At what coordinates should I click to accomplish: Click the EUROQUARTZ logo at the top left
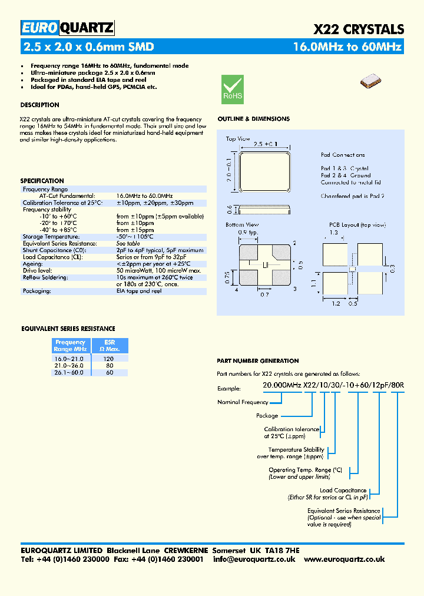click(67, 28)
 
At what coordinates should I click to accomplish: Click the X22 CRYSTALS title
click(358, 29)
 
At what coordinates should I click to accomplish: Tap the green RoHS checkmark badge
click(232, 89)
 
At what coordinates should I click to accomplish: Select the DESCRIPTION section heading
click(39, 105)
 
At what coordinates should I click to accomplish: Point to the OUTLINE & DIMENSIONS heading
click(253, 119)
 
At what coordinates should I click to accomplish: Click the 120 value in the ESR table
click(109, 358)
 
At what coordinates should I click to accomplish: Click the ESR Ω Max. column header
click(109, 346)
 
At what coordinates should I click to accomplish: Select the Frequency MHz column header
click(70, 346)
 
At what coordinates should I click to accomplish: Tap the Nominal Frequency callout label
click(243, 402)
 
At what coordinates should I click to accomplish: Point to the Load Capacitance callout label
click(343, 490)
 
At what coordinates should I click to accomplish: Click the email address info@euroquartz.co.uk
click(254, 559)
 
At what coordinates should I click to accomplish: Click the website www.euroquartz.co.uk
click(344, 559)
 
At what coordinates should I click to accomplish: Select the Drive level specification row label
click(38, 270)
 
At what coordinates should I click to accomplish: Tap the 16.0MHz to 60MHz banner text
click(347, 47)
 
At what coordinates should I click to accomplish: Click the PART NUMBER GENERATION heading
click(258, 361)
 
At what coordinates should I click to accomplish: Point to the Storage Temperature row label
click(51, 237)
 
